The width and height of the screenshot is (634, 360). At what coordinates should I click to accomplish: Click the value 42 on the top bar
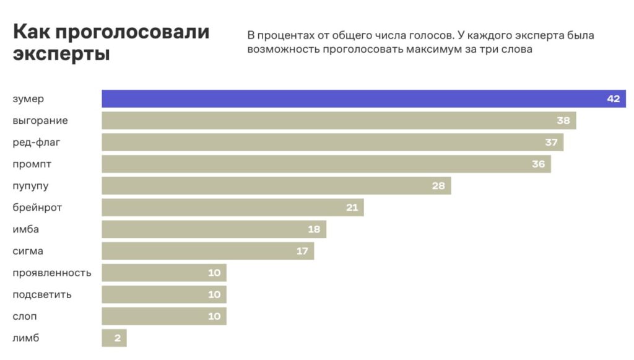pyautogui.click(x=613, y=99)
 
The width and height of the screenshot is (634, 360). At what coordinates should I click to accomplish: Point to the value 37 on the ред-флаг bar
pyautogui.click(x=551, y=143)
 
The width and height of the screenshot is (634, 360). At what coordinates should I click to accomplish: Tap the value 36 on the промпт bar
pyautogui.click(x=538, y=164)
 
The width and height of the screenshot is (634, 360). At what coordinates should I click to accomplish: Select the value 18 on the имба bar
pyautogui.click(x=314, y=229)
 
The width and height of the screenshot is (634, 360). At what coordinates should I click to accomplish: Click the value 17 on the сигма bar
pyautogui.click(x=302, y=251)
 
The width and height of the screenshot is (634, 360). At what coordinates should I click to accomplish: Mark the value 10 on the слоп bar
pyautogui.click(x=214, y=317)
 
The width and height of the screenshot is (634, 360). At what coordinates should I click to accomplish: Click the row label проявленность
pyautogui.click(x=52, y=273)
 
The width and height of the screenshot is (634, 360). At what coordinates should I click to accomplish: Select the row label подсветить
pyautogui.click(x=42, y=294)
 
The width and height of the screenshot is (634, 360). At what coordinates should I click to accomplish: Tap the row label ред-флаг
pyautogui.click(x=37, y=143)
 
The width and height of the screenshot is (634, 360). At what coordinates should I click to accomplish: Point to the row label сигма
pyautogui.click(x=28, y=251)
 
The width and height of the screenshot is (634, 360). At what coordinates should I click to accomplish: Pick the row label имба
pyautogui.click(x=26, y=229)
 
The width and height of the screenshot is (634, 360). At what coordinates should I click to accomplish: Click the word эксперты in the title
pyautogui.click(x=61, y=54)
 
